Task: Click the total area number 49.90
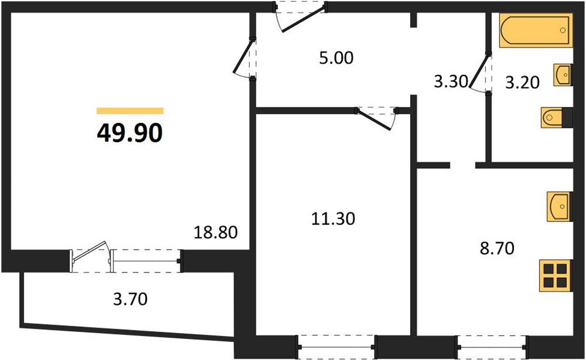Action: (130, 133)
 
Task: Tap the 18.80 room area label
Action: (216, 232)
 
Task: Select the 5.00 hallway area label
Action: (336, 58)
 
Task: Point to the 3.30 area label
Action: (451, 81)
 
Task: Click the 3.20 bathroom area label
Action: (522, 83)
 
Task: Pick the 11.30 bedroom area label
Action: (333, 218)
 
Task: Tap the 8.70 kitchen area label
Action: (497, 248)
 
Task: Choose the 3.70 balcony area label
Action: (130, 299)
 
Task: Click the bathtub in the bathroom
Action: (536, 30)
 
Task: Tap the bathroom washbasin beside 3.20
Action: (563, 74)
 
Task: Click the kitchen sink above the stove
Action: (560, 206)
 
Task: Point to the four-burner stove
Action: (555, 275)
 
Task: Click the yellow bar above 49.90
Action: (130, 110)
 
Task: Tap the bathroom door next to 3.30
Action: (480, 72)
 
